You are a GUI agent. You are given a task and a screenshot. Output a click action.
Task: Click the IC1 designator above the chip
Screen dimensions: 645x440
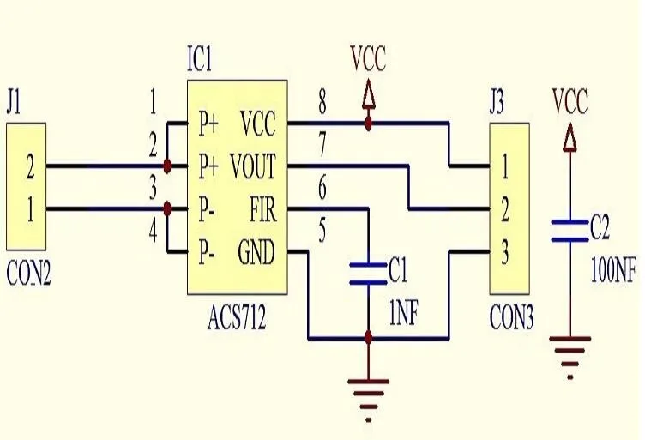[200, 59]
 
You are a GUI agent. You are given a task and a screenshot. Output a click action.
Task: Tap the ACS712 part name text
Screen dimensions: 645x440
[237, 317]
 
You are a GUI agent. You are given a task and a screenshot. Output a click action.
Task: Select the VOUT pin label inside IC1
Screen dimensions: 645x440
[252, 166]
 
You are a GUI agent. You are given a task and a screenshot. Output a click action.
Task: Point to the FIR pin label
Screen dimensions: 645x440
[262, 209]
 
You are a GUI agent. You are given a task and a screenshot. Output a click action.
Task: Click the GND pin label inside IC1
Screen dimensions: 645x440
[256, 252]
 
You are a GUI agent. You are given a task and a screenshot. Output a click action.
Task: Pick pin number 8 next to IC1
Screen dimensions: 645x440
[322, 101]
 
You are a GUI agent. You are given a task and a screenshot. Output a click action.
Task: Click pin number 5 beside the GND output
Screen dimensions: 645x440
[322, 230]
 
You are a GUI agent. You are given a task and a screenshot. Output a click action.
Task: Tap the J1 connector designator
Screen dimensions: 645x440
[13, 103]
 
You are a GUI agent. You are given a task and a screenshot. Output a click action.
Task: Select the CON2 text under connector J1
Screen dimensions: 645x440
[28, 274]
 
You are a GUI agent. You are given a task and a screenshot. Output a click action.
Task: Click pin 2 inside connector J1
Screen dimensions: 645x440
[30, 166]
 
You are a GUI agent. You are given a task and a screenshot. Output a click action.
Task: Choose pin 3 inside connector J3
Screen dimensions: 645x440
[504, 252]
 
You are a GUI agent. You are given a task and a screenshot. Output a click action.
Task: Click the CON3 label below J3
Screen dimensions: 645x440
[511, 317]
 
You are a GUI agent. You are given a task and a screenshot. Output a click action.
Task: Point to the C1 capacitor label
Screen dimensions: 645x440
[397, 271]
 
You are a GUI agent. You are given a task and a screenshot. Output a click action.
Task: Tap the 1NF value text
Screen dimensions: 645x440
[403, 314]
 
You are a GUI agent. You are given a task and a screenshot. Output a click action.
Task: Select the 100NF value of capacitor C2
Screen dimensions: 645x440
[613, 270]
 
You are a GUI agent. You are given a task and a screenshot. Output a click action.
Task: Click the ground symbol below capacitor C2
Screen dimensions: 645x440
[570, 358]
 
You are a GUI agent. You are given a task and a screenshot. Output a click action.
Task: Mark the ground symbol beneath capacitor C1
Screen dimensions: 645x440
[368, 400]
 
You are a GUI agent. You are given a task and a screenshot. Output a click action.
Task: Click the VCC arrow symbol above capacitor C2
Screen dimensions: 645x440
[570, 138]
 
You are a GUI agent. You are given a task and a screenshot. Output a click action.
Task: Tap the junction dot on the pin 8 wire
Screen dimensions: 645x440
[368, 123]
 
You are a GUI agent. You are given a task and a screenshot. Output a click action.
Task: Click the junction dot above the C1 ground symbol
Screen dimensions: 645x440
[368, 339]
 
